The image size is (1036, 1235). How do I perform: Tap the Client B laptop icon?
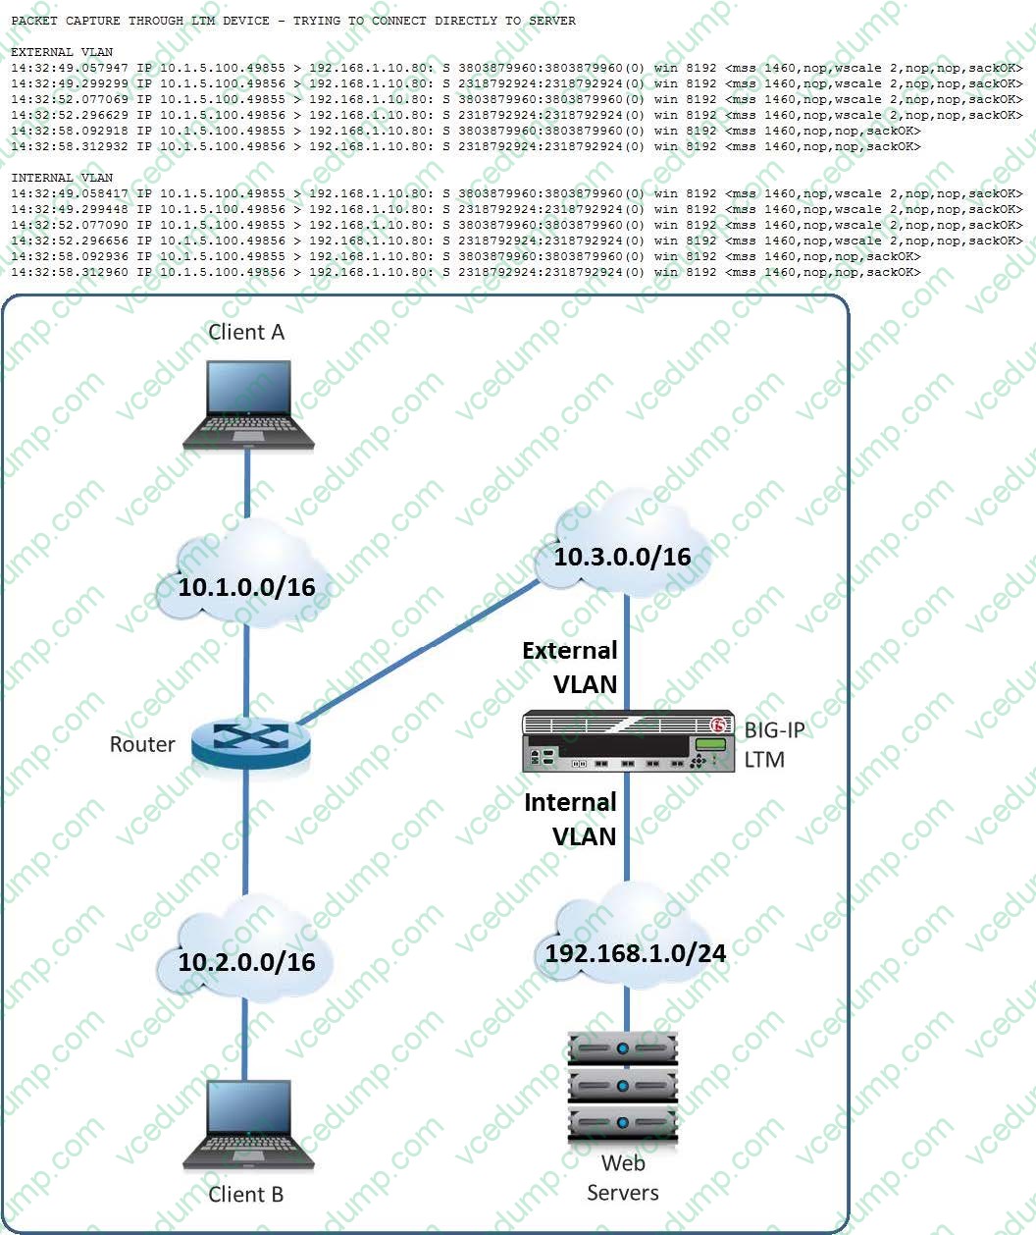[x=249, y=1125]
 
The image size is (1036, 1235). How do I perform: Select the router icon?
[x=251, y=742]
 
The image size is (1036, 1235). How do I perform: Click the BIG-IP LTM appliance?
[x=628, y=741]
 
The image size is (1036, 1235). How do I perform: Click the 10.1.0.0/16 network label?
[x=246, y=587]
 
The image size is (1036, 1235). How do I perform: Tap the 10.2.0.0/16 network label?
[x=246, y=961]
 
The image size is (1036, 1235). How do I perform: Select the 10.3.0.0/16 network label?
[x=622, y=557]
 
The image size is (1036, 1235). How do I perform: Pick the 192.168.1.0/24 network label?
[x=635, y=952]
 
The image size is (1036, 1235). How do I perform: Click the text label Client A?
[x=246, y=332]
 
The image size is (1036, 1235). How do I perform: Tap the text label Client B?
[x=246, y=1195]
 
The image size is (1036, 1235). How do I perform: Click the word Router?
[x=142, y=744]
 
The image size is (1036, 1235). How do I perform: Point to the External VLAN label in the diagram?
[x=570, y=667]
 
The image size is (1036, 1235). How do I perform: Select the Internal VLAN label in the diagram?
[x=570, y=819]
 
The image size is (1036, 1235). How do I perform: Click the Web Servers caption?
[x=623, y=1178]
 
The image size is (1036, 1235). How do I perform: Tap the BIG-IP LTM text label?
[x=773, y=744]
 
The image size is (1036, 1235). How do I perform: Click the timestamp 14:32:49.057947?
[x=70, y=68]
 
